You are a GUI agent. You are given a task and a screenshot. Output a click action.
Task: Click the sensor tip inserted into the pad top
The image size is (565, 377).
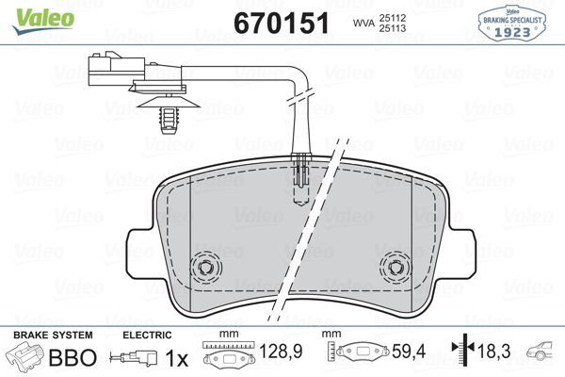[302, 174]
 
